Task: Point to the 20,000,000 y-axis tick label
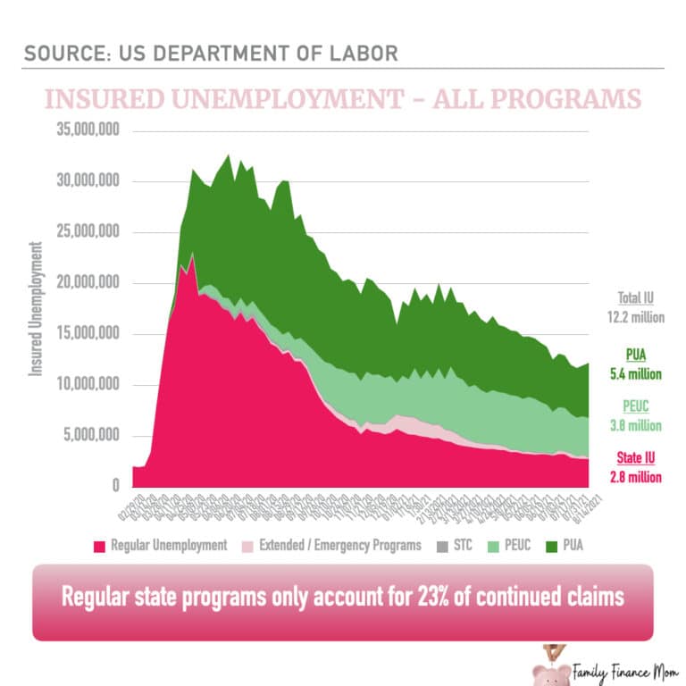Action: pyautogui.click(x=85, y=284)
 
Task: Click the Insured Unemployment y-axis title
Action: pyautogui.click(x=37, y=308)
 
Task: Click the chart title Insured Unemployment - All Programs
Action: pyautogui.click(x=342, y=97)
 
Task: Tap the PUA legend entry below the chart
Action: pyautogui.click(x=571, y=546)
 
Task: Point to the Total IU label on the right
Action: pyautogui.click(x=637, y=298)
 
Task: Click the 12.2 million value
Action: pyautogui.click(x=637, y=316)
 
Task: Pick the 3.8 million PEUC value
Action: pyautogui.click(x=637, y=425)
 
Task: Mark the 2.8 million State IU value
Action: pyautogui.click(x=637, y=477)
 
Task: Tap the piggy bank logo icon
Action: pyautogui.click(x=547, y=667)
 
